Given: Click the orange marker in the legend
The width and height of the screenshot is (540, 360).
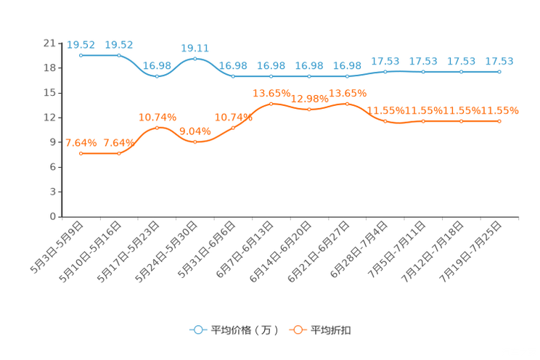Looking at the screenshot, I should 297,330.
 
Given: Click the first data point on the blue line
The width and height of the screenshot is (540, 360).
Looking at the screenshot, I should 81,55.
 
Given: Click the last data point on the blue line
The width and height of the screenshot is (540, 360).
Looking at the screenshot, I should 499,71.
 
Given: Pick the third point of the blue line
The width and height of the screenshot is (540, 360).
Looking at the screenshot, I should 157,75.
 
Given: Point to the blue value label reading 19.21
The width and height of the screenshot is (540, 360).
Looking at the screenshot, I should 195,48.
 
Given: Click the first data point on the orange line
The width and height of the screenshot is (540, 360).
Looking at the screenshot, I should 81,153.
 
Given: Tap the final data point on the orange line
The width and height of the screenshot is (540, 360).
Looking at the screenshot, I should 499,121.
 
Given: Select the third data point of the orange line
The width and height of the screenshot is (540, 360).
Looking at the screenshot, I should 157,128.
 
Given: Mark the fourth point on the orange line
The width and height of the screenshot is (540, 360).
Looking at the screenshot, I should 195,142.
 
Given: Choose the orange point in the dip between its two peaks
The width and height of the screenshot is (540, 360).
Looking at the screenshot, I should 309,110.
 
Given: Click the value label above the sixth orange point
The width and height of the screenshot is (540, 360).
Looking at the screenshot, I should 271,94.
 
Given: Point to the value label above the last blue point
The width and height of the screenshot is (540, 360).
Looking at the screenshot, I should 499,61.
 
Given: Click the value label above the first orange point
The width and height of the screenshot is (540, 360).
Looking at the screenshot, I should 81,143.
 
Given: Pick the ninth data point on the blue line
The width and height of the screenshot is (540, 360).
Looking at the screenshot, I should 385,71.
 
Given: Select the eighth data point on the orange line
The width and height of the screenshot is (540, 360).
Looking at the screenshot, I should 347,104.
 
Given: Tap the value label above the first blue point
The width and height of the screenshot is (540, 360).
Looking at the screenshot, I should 81,45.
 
